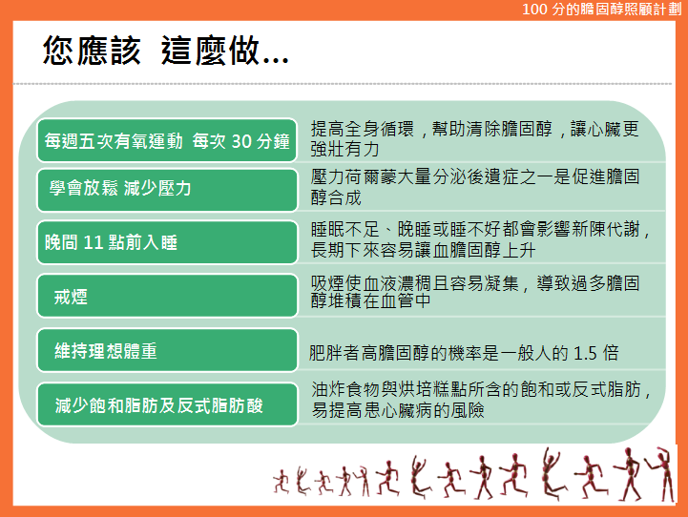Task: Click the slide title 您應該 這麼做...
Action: tap(165, 51)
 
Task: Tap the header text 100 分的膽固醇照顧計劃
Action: tap(601, 10)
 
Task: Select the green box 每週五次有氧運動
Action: tap(167, 140)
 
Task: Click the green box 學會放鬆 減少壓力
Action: tap(167, 190)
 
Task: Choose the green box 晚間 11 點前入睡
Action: tap(167, 242)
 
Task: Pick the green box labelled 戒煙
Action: tap(167, 296)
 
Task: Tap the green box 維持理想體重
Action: tap(167, 350)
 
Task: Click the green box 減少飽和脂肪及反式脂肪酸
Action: tap(167, 404)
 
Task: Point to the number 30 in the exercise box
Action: tap(241, 141)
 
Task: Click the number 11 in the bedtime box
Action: tap(93, 242)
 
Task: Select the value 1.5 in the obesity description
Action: tap(585, 353)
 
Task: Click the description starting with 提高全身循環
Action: tap(475, 139)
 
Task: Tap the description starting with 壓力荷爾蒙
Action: tap(475, 187)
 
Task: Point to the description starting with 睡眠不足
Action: tap(480, 239)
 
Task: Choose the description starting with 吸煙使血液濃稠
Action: tap(475, 292)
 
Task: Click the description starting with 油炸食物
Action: tap(481, 400)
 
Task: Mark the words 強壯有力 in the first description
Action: tap(344, 149)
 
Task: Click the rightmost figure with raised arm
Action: tap(661, 473)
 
